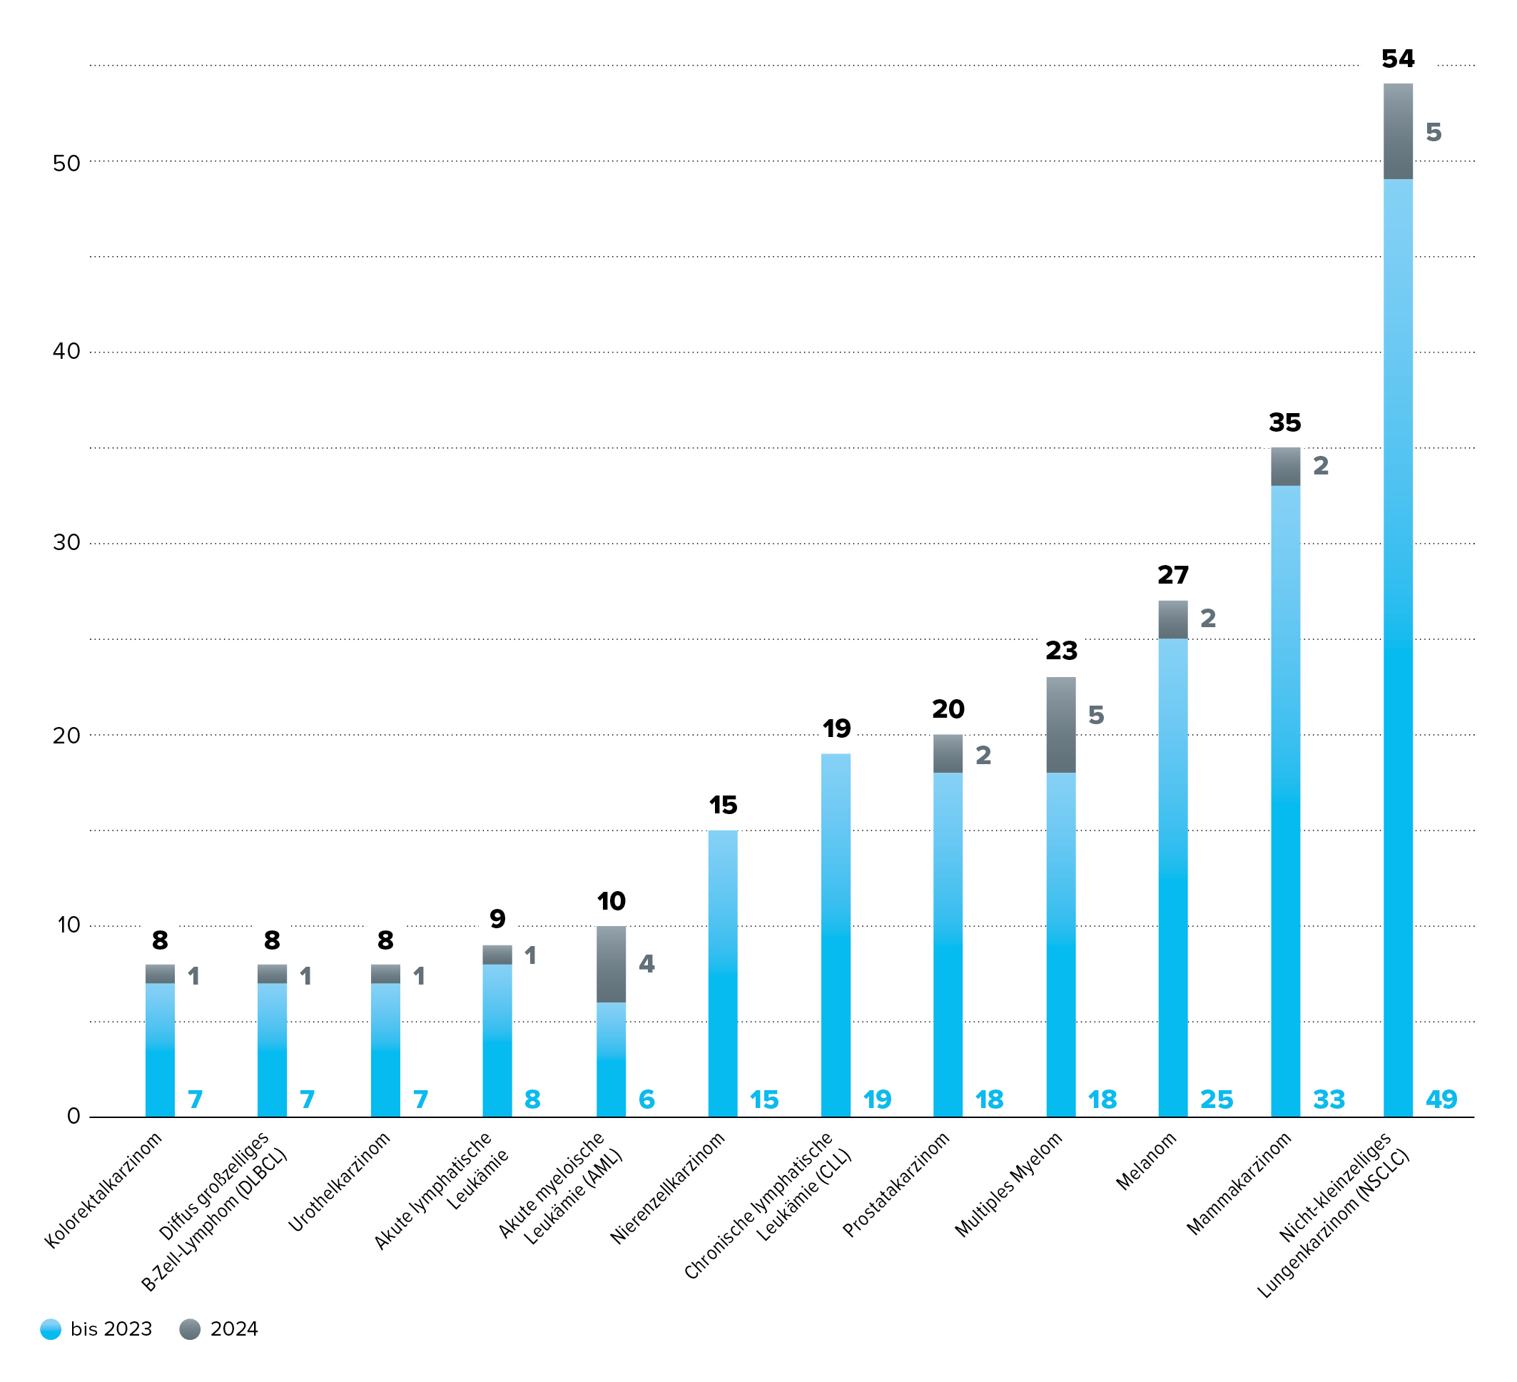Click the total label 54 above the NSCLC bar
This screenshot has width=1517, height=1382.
point(1397,59)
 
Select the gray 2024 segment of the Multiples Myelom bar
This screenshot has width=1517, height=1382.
point(1060,724)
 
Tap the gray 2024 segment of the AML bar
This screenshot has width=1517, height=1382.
point(610,964)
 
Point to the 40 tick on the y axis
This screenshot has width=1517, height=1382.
point(66,351)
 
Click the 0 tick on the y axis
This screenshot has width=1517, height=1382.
point(73,1116)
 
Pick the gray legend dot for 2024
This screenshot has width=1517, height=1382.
point(191,1329)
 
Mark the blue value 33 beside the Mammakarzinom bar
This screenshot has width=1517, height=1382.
point(1328,1100)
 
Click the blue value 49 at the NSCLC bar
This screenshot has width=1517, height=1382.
point(1440,1100)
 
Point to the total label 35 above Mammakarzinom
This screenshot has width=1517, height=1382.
point(1284,423)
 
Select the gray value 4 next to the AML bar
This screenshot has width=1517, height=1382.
point(646,964)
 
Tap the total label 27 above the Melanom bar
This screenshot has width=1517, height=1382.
point(1172,576)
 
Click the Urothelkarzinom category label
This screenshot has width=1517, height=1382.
point(340,1181)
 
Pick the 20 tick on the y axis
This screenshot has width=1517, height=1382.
point(66,735)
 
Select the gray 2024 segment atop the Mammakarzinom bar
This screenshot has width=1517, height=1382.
point(1284,467)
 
